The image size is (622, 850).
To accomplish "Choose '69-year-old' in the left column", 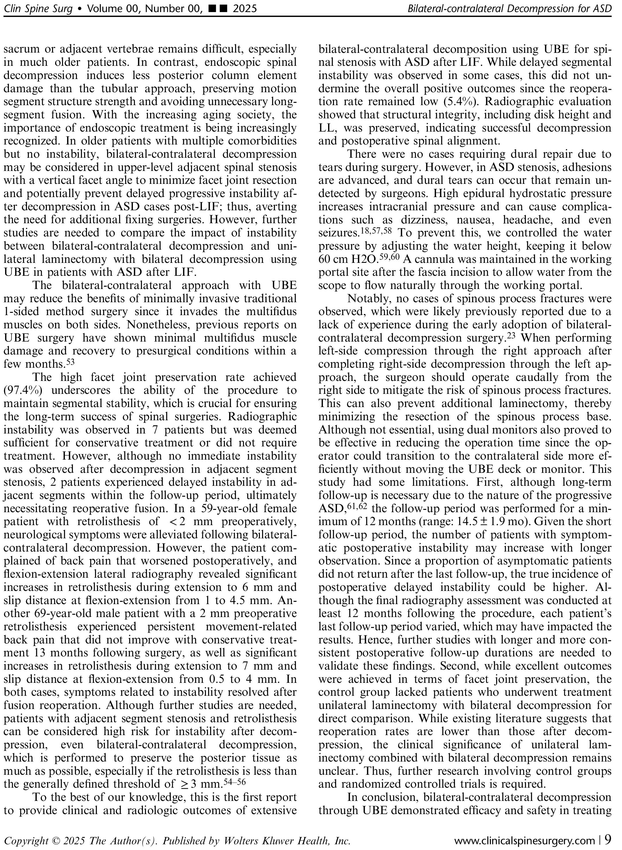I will (x=69, y=614).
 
